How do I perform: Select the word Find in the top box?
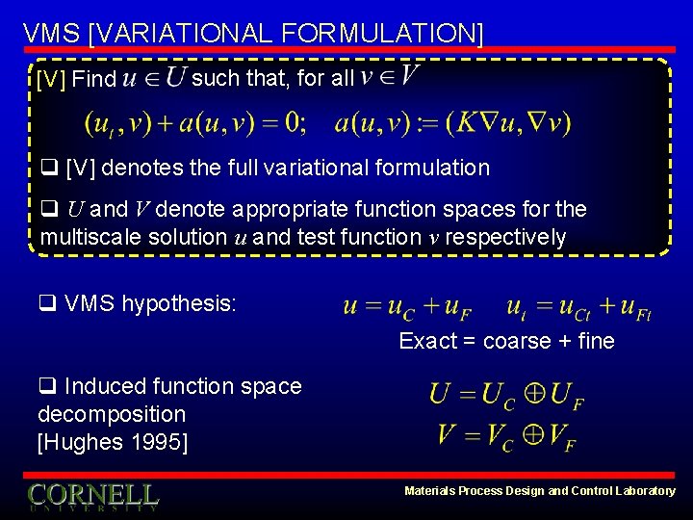pos(93,79)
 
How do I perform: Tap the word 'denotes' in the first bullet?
pos(138,168)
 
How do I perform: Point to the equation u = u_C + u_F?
pos(406,307)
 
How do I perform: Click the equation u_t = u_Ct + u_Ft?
pos(579,307)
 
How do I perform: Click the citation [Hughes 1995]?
pos(112,442)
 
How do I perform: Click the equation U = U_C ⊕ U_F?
pos(506,396)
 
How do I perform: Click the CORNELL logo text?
pos(92,495)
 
